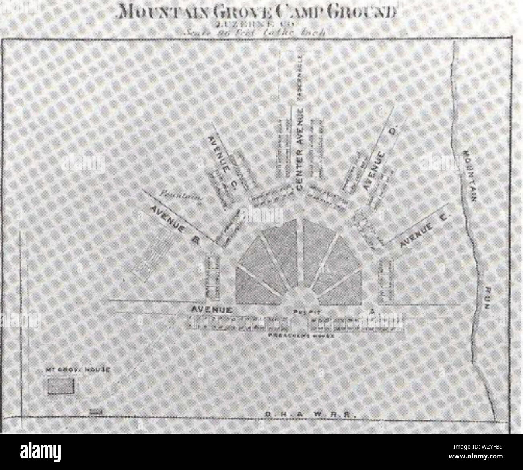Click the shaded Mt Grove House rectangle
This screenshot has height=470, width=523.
pos(62,387)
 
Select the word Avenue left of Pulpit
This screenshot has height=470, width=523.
pos(212,310)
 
